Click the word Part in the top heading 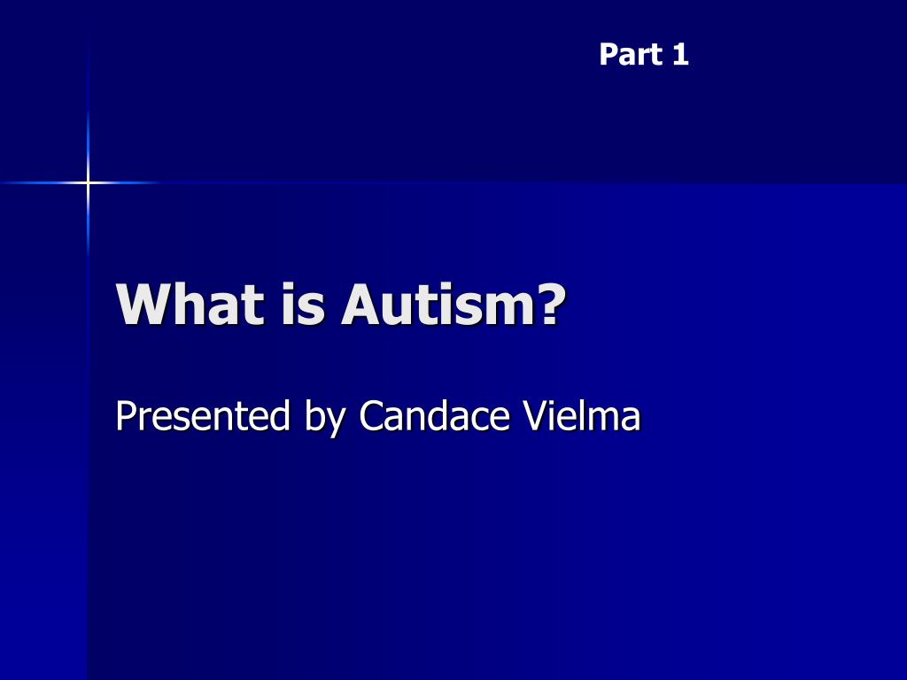tap(631, 54)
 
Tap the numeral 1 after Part tap(680, 54)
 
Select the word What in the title tap(190, 305)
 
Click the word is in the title tap(303, 305)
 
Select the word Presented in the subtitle tap(203, 415)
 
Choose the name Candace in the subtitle tap(434, 415)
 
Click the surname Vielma tap(582, 415)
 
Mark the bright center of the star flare tap(88, 182)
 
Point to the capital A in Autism tap(361, 305)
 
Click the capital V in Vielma tap(536, 416)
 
